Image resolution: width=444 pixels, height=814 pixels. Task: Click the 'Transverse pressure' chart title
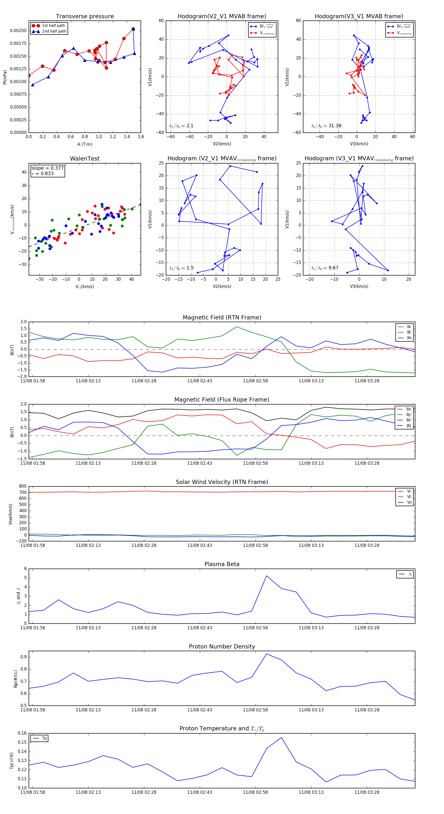(85, 17)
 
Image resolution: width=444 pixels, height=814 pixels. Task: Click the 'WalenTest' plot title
(85, 159)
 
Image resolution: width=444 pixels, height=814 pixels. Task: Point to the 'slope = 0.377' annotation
(47, 168)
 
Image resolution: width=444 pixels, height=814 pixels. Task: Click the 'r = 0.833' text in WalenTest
(43, 173)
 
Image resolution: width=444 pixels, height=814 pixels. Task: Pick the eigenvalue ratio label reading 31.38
(326, 126)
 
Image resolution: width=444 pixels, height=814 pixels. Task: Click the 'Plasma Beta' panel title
(222, 564)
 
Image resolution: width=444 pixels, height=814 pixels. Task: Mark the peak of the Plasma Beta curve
(266, 576)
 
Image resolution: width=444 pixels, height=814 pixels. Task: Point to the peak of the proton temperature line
(281, 738)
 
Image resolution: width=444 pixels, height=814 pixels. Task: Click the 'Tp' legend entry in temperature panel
(44, 739)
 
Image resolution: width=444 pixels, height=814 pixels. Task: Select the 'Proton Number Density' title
(222, 647)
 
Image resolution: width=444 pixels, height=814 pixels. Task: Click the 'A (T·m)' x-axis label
(85, 144)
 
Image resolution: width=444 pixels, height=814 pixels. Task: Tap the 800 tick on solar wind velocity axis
(22, 486)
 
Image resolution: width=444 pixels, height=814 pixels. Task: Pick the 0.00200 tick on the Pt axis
(18, 31)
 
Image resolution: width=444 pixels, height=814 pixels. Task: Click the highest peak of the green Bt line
(237, 327)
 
